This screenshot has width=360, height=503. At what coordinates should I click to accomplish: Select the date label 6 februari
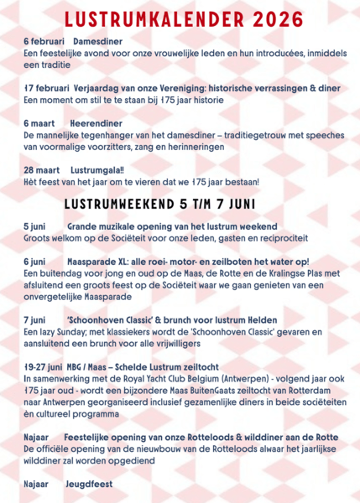[44, 40]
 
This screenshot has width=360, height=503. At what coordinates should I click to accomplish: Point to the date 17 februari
[46, 86]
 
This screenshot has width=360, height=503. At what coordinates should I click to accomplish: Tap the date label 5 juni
[35, 226]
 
